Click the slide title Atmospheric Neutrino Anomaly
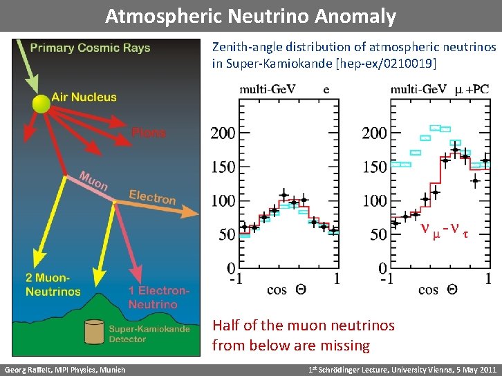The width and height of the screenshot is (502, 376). click(x=250, y=16)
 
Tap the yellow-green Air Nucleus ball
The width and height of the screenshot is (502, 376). click(x=41, y=104)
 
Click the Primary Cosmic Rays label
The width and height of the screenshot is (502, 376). click(x=90, y=48)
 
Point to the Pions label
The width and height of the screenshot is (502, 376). click(x=149, y=131)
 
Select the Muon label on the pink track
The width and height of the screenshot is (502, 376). click(x=93, y=181)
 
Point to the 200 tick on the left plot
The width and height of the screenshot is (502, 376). click(x=223, y=132)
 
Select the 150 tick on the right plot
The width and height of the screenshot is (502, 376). click(x=374, y=167)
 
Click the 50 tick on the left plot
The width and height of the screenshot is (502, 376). click(x=227, y=234)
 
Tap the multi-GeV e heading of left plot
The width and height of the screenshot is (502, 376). click(x=283, y=88)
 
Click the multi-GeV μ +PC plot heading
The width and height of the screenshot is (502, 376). click(x=439, y=88)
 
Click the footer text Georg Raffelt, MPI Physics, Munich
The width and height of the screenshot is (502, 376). click(x=65, y=370)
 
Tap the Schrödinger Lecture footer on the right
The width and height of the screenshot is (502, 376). click(x=402, y=370)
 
